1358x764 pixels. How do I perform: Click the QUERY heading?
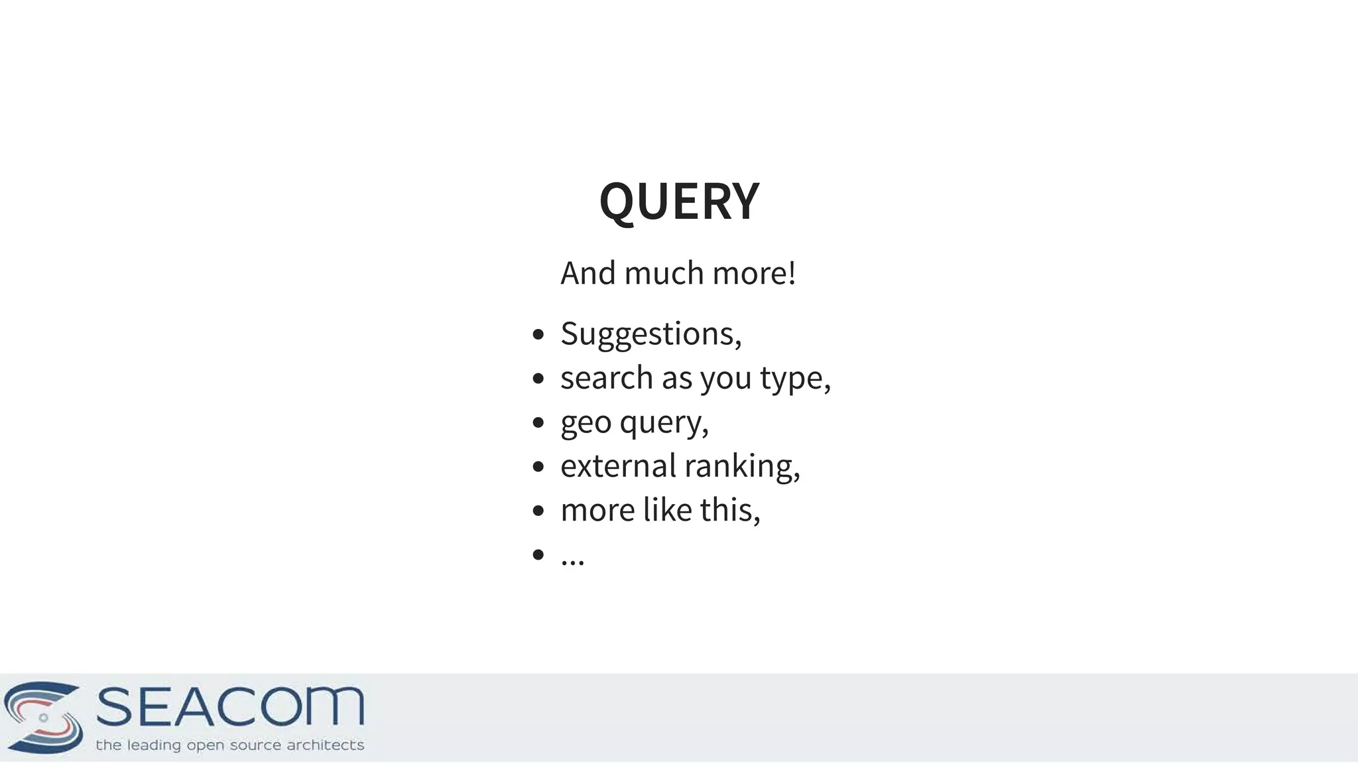coord(679,201)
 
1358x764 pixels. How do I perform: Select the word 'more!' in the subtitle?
coord(754,273)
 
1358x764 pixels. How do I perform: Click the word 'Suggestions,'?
coord(651,334)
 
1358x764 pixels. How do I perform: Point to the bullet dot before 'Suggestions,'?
coord(538,334)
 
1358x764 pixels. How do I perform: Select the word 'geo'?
coord(586,423)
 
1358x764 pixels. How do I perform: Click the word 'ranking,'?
coord(742,466)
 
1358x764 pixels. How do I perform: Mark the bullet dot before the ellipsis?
coord(538,554)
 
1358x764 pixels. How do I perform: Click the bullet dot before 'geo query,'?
coord(538,422)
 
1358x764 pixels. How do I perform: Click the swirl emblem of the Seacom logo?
coord(43,718)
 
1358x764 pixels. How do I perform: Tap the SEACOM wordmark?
coord(230,707)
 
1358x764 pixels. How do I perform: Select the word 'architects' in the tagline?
coord(325,745)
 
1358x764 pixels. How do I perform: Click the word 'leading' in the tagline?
coord(154,745)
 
